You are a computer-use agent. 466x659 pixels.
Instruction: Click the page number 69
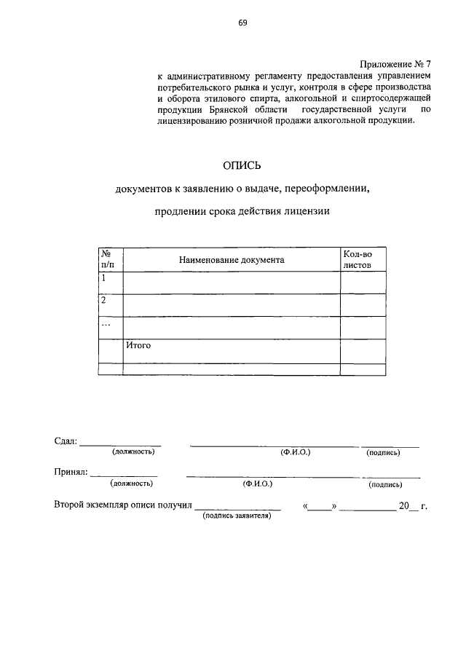point(242,23)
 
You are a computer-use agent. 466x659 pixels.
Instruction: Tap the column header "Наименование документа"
point(231,259)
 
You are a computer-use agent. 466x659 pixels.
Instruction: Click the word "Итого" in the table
point(138,345)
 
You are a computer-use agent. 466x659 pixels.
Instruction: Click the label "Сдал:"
point(65,441)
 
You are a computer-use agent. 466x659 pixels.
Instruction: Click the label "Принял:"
point(71,472)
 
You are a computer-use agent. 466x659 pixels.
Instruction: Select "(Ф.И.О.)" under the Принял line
point(258,483)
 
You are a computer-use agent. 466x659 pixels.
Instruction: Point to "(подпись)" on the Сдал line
point(383,452)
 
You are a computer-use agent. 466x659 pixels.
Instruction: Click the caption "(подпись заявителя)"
point(237,515)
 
